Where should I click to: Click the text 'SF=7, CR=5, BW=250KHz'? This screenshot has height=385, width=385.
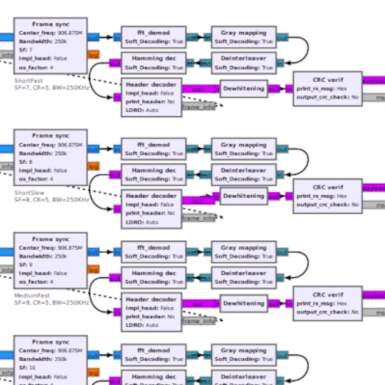(x=51, y=88)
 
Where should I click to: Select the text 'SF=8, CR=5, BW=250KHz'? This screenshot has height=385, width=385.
(x=51, y=200)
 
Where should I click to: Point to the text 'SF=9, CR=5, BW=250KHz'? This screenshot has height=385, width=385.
(x=51, y=302)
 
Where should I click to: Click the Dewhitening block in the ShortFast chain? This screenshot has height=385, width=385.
(x=243, y=89)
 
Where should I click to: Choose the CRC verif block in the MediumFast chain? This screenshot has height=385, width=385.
(x=327, y=302)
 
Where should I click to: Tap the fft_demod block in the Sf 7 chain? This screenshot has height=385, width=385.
(x=153, y=37)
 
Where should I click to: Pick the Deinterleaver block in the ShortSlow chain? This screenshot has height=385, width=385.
(x=243, y=174)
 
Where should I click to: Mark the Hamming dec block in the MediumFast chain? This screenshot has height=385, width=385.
(x=153, y=277)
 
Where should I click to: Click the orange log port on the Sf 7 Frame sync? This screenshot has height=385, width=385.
(x=93, y=55)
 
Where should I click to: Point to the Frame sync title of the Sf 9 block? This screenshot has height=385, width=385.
(x=51, y=239)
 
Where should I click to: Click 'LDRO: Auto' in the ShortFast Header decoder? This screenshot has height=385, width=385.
(x=142, y=110)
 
